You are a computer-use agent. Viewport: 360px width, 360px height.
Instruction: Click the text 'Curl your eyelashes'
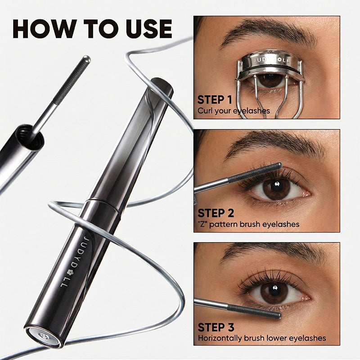point(234,110)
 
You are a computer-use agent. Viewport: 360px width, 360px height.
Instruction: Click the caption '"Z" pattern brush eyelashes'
point(248,224)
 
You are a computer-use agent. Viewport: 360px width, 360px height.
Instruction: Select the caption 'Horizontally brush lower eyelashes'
point(262,338)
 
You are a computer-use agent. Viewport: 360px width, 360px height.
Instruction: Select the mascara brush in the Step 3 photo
point(254,310)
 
